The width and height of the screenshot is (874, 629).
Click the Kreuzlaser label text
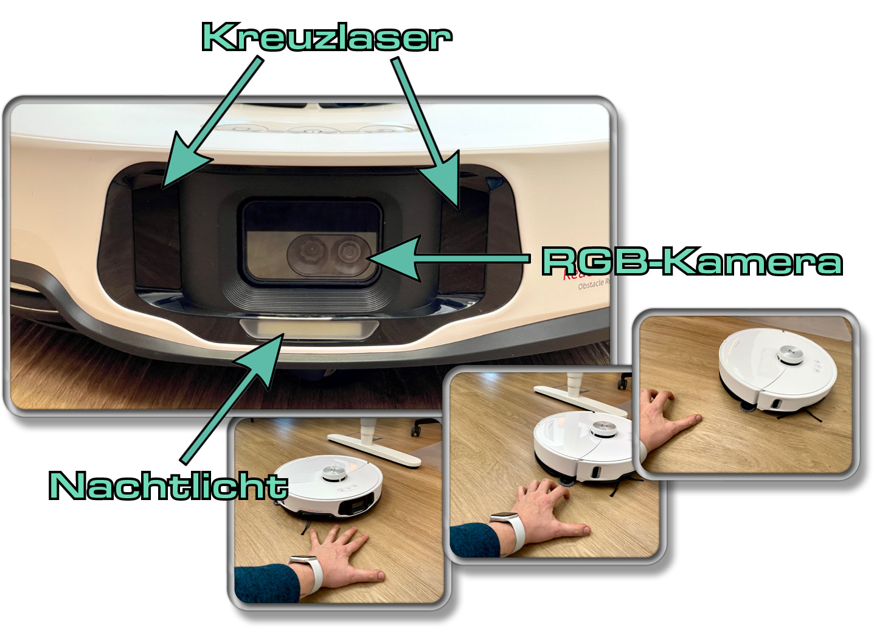(x=327, y=38)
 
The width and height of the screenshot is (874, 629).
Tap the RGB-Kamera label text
(x=692, y=262)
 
